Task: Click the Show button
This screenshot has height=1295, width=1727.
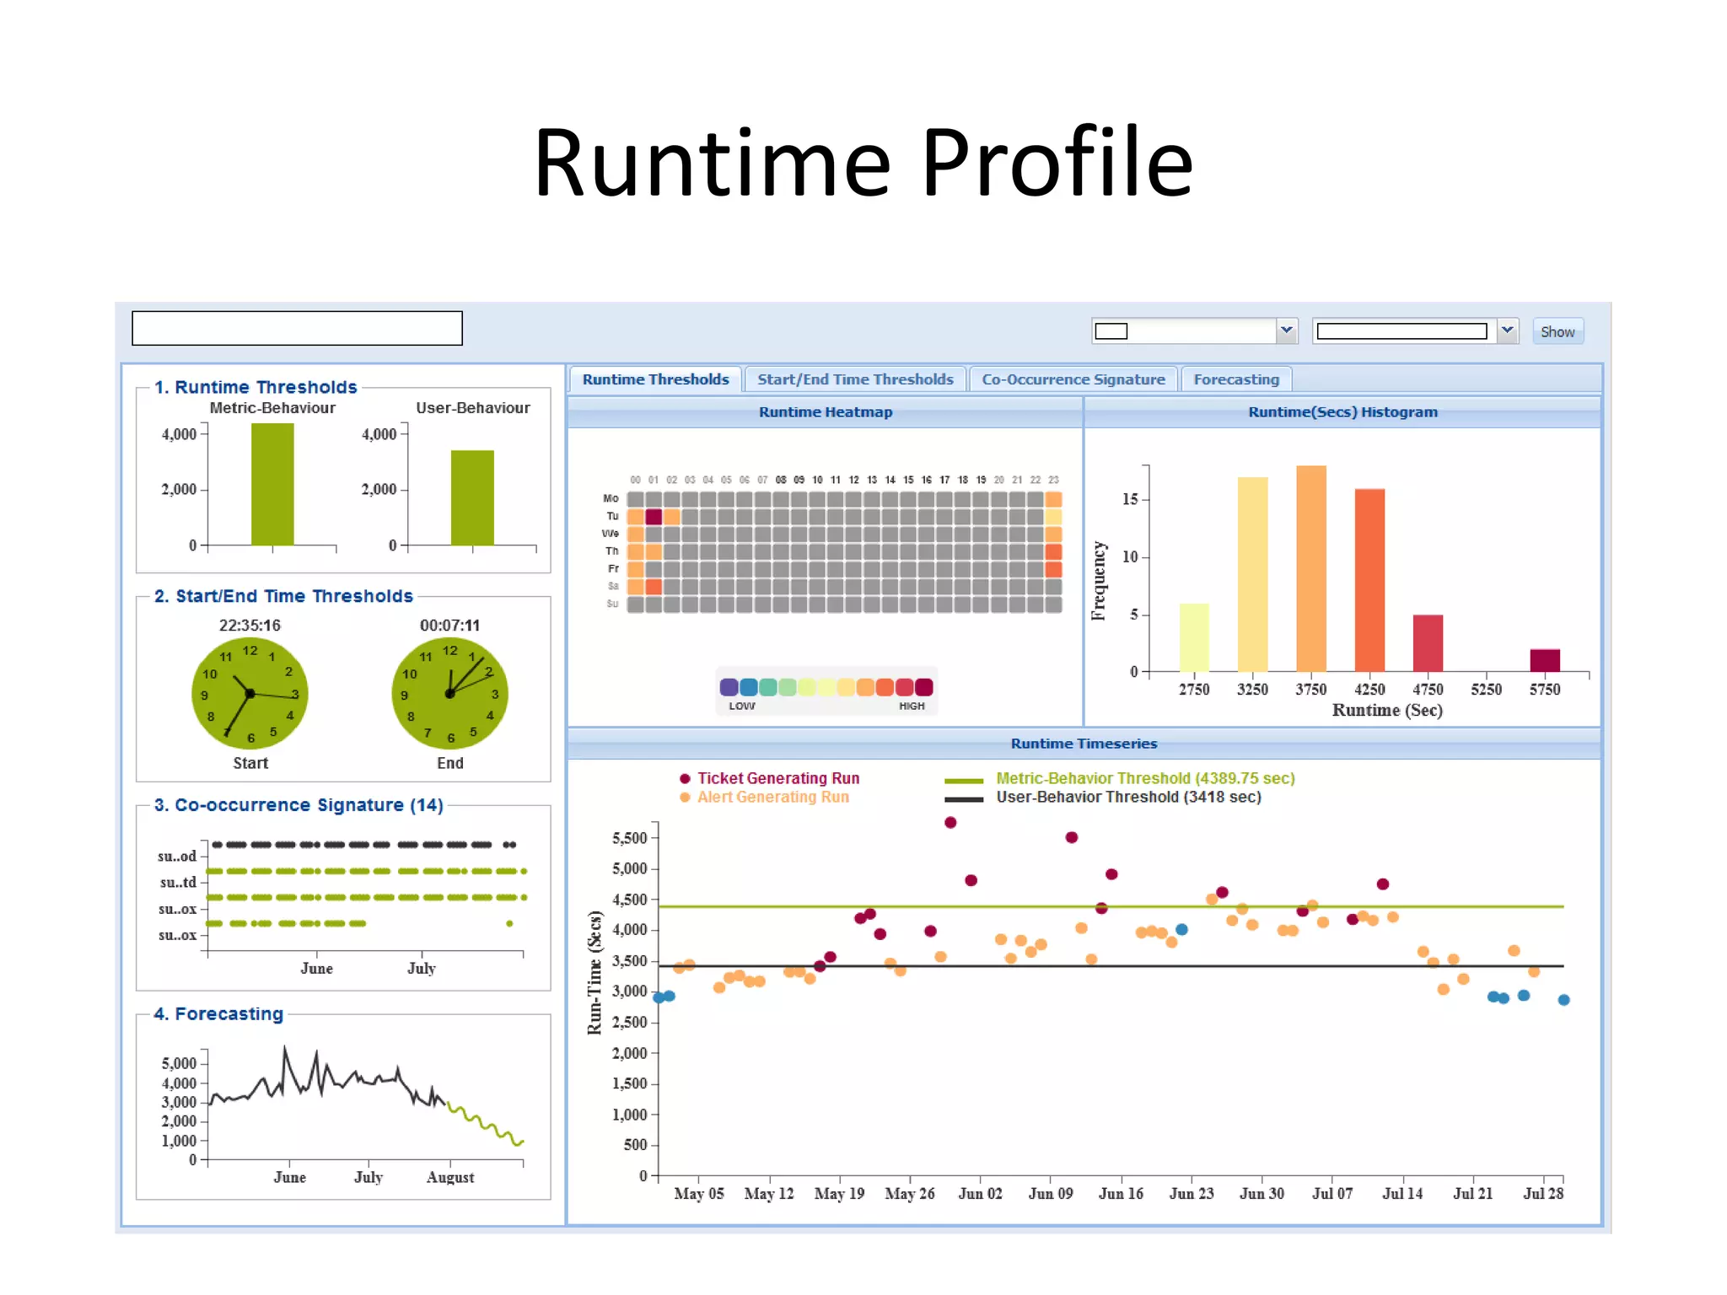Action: [1557, 331]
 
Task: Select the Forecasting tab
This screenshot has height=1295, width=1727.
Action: [1235, 379]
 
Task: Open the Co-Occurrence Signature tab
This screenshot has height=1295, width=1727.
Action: [1073, 379]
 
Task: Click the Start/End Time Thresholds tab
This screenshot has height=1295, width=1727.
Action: [854, 379]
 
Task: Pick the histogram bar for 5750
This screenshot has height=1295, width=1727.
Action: [1544, 660]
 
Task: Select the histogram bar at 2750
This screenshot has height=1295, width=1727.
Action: [1193, 637]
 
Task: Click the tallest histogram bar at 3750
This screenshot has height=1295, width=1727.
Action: [1310, 568]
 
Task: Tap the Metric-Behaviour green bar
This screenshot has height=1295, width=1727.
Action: [272, 484]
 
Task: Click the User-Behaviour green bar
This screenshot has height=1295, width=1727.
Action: [472, 497]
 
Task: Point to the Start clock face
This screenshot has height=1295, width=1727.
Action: [250, 693]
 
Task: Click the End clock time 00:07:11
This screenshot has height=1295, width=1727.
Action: [449, 626]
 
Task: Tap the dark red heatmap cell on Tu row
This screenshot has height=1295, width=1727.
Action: [654, 516]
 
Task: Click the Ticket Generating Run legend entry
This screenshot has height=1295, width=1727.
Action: [777, 778]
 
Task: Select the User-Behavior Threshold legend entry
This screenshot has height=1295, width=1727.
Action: [1127, 797]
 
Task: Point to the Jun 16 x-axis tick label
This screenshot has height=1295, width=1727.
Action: [1120, 1193]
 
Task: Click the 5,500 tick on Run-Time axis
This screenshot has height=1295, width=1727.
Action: [629, 838]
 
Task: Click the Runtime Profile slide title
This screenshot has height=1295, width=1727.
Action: [863, 162]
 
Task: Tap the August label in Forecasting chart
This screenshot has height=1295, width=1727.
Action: [449, 1177]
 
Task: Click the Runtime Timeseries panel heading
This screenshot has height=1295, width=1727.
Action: [1084, 744]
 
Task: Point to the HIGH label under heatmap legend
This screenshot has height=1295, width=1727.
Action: [911, 707]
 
